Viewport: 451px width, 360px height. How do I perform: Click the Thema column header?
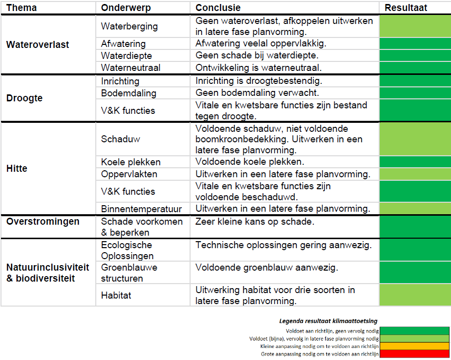click(21, 8)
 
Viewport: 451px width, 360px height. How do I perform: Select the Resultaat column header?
click(406, 8)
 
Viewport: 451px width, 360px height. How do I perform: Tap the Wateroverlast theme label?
click(38, 44)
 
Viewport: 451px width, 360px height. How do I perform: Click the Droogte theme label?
click(24, 98)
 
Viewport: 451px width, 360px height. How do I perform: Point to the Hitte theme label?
click(16, 168)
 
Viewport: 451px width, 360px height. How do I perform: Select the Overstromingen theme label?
click(43, 222)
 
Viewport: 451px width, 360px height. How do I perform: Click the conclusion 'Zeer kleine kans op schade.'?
click(255, 222)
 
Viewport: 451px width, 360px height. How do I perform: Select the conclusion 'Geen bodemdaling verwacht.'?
click(257, 93)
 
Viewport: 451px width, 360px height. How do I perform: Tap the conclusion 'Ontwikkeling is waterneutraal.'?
click(258, 68)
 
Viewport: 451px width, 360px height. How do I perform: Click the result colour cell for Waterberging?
click(416, 26)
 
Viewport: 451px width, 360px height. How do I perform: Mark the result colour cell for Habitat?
click(416, 295)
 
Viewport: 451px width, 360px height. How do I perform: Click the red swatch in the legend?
click(415, 354)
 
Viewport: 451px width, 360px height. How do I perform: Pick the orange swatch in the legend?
click(415, 346)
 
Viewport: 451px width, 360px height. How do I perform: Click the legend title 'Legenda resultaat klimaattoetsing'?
click(328, 321)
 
